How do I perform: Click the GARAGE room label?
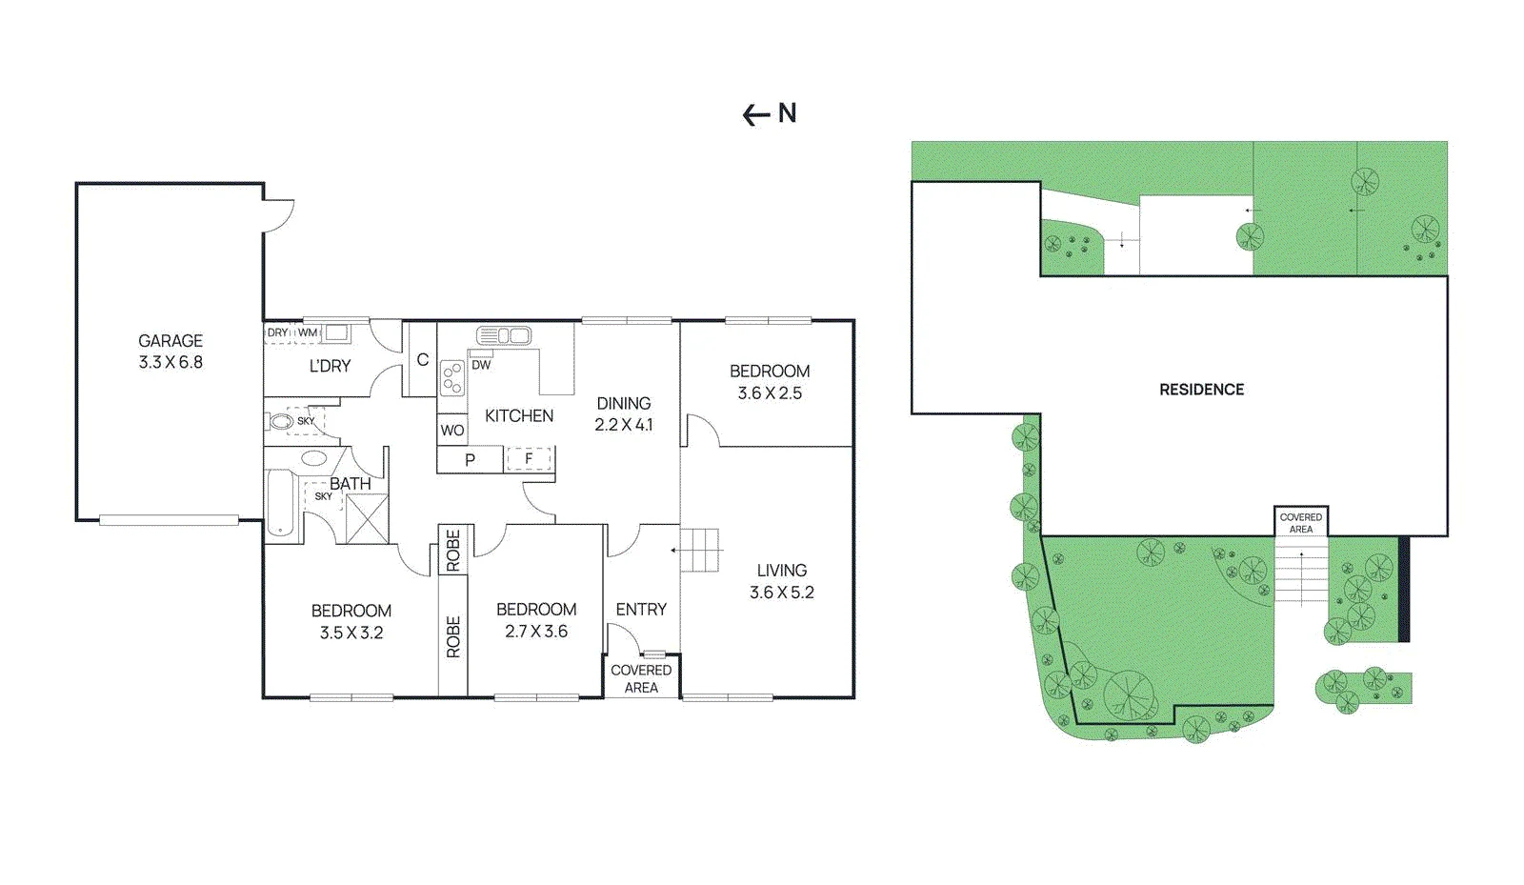pos(170,341)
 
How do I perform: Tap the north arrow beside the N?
pos(756,115)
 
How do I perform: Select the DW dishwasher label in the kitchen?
pos(481,365)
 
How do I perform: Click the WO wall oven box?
pos(451,430)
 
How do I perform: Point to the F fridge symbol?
pos(529,459)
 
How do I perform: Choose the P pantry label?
pos(470,460)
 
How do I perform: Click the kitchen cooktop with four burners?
pos(451,377)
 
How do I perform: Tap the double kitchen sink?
pos(504,335)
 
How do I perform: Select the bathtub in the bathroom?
pos(280,503)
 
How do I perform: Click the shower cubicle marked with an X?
pos(368,519)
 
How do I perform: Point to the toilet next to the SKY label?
pos(279,422)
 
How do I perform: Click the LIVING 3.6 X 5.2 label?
pos(782,582)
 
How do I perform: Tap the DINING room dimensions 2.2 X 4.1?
pos(623,425)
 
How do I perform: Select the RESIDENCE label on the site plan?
pos(1201,390)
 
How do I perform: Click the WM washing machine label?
pos(308,332)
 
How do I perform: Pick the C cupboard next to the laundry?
pos(423,360)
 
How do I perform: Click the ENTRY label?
pos(641,610)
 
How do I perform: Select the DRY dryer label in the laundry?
pos(277,332)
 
